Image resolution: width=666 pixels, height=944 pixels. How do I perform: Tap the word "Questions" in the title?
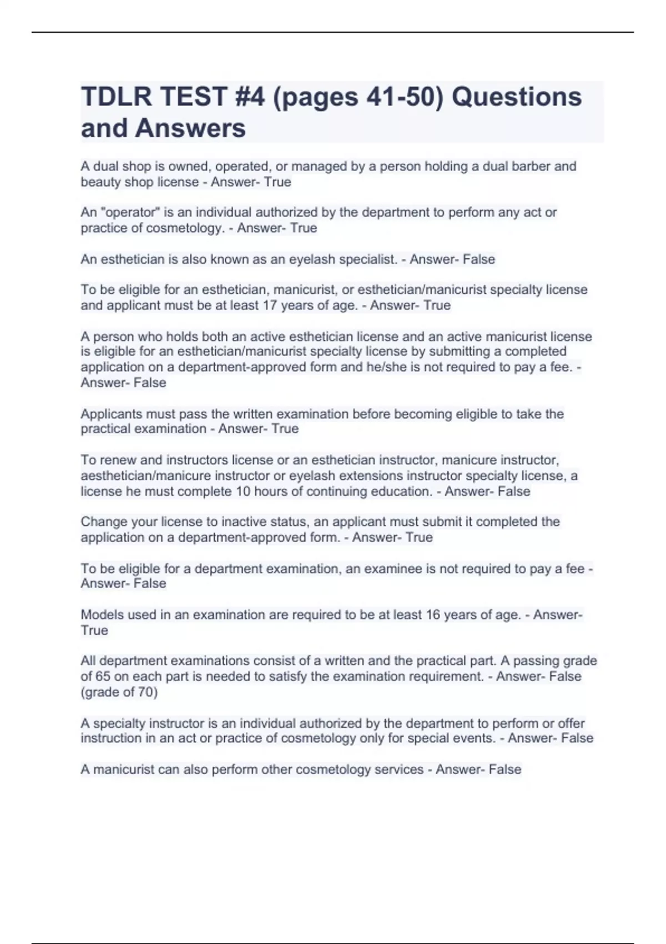tap(517, 97)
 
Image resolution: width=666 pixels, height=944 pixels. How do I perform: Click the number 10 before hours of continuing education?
tap(243, 491)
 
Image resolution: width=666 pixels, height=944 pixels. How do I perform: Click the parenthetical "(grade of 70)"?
tap(119, 692)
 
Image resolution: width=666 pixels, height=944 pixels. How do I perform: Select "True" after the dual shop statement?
tap(277, 182)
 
